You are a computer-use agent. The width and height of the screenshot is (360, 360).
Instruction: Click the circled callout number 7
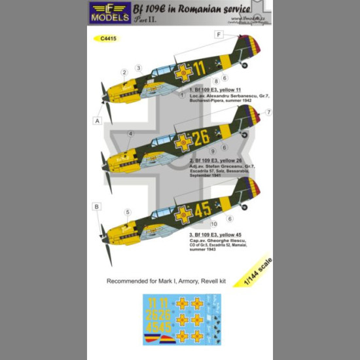coord(268,113)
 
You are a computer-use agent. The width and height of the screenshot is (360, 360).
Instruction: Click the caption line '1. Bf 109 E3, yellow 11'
coord(209,89)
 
